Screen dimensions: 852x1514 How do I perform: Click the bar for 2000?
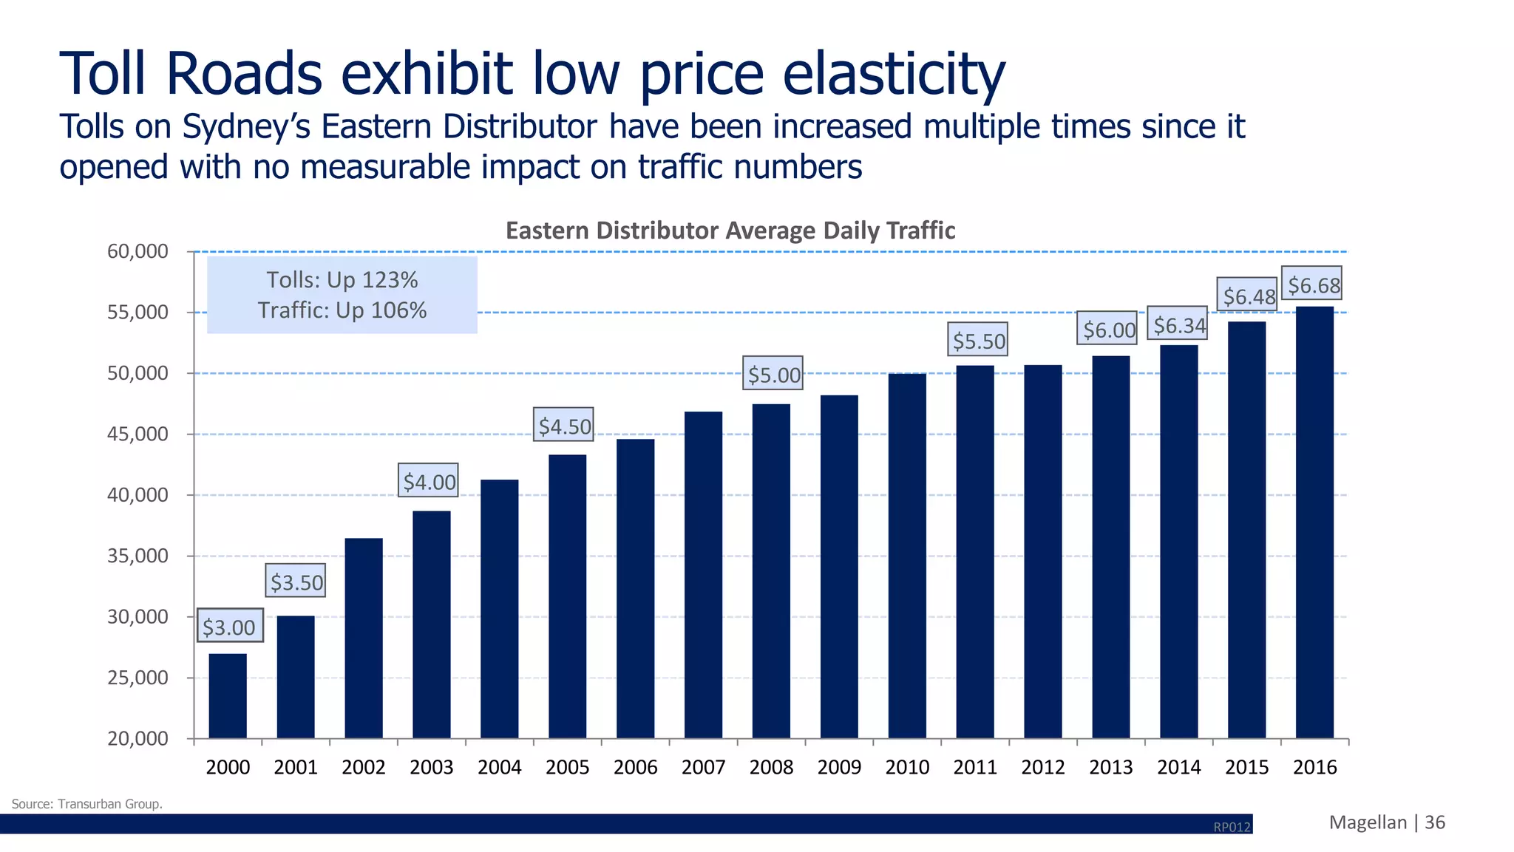pos(228,695)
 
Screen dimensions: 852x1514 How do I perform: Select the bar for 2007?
pos(703,574)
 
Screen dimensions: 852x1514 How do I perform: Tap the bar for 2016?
pos(1314,522)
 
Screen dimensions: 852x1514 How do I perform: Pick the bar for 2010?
pos(907,556)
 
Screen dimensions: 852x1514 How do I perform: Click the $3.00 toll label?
pos(229,627)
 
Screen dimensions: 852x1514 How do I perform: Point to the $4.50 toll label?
pos(565,426)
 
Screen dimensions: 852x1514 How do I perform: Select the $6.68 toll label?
pos(1314,284)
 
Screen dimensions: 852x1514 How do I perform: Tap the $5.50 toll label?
pos(979,341)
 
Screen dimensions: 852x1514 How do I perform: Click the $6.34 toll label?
pos(1179,325)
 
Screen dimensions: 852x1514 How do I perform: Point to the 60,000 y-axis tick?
pos(138,251)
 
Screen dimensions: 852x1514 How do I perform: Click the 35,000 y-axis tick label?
pos(138,556)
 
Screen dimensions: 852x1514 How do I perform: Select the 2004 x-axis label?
pos(499,767)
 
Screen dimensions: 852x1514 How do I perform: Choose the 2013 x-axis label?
pos(1110,767)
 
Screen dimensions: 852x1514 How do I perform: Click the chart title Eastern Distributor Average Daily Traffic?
pos(730,231)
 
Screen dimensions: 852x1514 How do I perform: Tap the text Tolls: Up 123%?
pos(342,280)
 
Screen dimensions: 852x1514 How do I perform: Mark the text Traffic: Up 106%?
pos(342,310)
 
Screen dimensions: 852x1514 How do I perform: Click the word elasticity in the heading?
pos(894,74)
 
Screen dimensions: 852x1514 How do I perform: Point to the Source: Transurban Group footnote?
pos(87,804)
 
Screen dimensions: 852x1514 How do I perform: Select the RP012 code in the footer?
pos(1232,827)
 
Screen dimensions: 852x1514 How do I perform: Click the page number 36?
pos(1435,822)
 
